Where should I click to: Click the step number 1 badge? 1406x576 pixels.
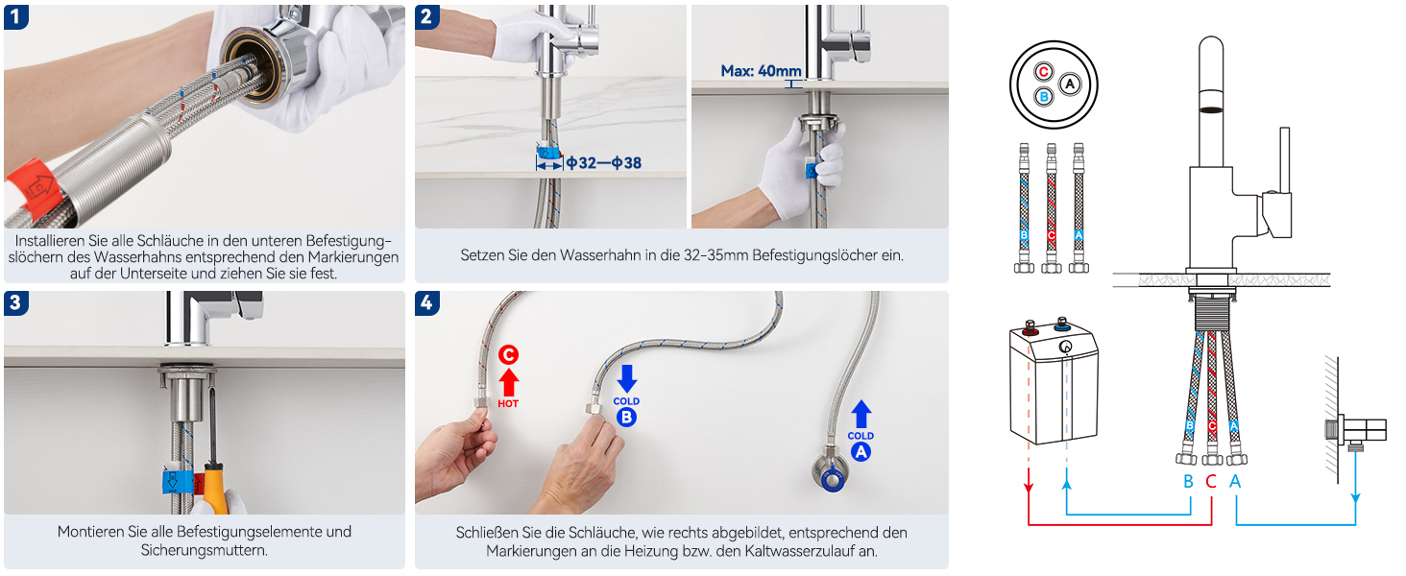click(15, 17)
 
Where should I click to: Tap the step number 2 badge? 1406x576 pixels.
click(426, 17)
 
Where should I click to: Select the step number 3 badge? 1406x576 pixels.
click(15, 303)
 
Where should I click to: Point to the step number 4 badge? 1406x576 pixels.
click(426, 303)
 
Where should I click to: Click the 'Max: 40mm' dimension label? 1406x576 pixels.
click(761, 71)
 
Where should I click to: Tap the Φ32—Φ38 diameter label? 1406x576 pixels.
click(604, 163)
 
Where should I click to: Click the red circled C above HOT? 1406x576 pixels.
click(508, 355)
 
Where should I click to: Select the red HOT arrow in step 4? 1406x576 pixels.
click(508, 382)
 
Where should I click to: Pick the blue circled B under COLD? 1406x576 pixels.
click(626, 418)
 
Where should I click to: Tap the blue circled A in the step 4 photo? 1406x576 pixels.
click(861, 452)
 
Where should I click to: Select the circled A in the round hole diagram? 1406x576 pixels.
click(1070, 84)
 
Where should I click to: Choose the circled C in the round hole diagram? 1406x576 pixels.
click(1043, 72)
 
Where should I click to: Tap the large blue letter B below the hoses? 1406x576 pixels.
click(1188, 481)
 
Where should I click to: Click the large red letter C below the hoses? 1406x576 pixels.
click(1211, 481)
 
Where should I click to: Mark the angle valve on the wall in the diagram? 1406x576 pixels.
click(1357, 432)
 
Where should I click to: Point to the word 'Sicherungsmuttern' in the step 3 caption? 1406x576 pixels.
click(204, 550)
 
